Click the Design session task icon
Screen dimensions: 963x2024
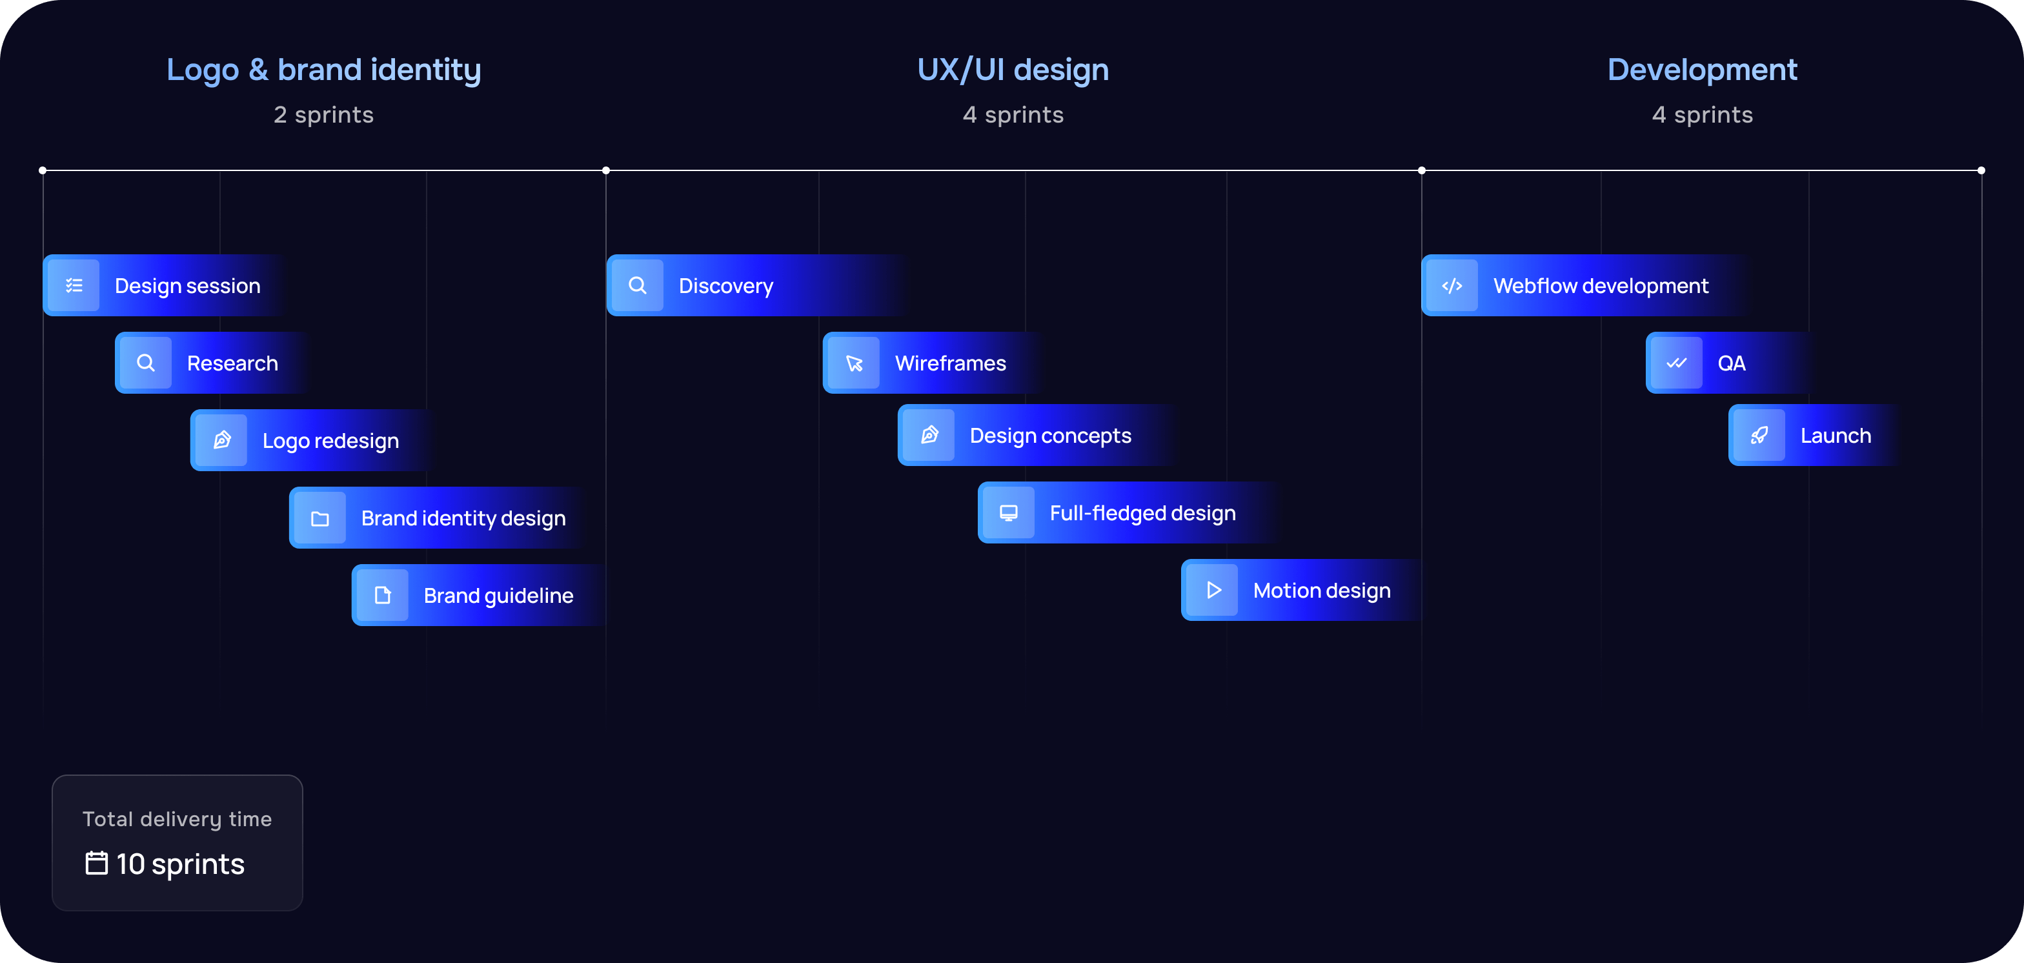point(74,285)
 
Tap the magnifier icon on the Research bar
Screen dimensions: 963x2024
point(145,363)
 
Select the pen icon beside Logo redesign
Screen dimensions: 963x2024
point(221,440)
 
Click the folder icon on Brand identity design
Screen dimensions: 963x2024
point(319,518)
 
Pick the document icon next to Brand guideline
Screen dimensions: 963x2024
point(383,595)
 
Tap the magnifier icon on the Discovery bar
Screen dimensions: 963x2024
point(637,285)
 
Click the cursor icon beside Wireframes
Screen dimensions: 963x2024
point(854,363)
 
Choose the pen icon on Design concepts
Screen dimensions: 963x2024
point(929,435)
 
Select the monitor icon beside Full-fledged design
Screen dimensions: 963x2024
point(1008,513)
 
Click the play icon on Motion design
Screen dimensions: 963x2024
point(1213,590)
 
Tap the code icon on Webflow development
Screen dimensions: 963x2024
point(1452,285)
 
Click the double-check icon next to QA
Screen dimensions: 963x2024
point(1676,363)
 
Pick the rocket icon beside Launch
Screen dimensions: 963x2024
point(1759,435)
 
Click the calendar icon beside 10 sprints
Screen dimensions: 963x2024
point(97,863)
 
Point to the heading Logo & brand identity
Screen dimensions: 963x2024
point(324,70)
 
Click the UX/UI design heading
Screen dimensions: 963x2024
point(1013,70)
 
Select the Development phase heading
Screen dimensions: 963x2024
point(1702,70)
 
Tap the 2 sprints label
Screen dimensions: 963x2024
point(324,115)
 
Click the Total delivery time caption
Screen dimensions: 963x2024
point(177,819)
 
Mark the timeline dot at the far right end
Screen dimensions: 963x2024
point(1981,170)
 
